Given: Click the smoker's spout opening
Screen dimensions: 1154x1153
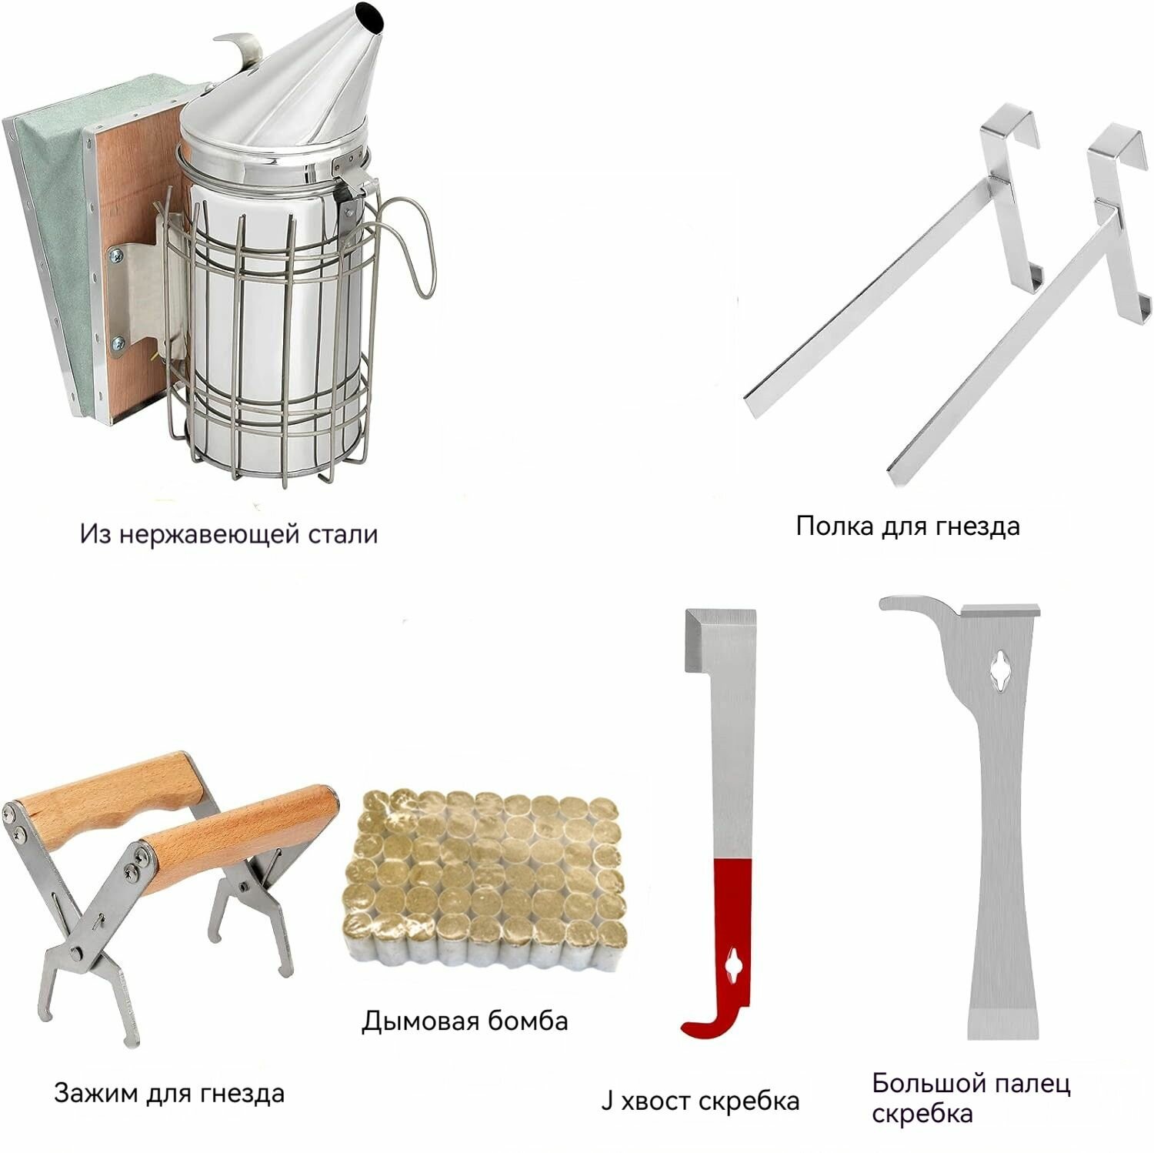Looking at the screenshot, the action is click(368, 15).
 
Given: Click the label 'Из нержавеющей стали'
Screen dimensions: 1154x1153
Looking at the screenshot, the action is click(229, 533).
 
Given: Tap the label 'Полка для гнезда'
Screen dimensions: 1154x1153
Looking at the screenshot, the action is click(908, 526).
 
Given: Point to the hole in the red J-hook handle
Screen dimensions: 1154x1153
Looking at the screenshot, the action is click(735, 964).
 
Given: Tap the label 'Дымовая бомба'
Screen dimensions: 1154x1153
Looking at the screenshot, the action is click(465, 1021).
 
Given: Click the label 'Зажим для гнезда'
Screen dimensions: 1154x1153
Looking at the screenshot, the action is click(169, 1093).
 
